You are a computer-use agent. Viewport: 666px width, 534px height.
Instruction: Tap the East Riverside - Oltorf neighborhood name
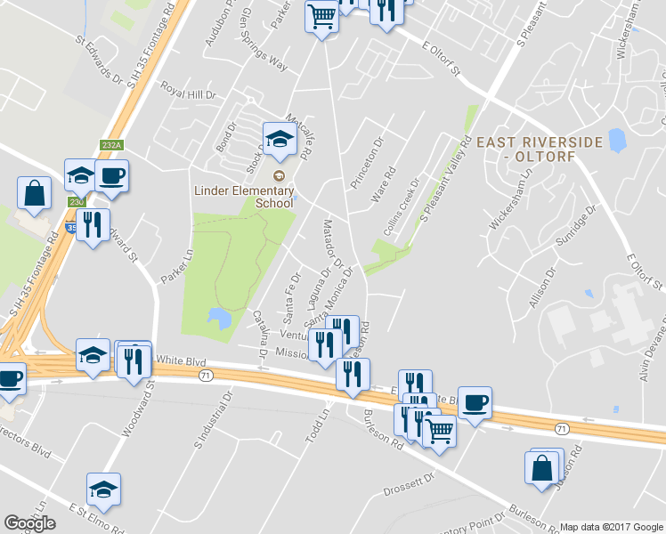coord(540,150)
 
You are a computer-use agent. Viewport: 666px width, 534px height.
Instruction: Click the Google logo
coord(29,523)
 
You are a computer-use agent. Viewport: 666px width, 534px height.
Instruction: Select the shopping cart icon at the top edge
coord(322,14)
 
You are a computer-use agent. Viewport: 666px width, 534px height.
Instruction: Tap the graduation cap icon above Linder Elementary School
coord(279,138)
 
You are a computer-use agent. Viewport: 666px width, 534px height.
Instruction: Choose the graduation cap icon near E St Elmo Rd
coord(104,489)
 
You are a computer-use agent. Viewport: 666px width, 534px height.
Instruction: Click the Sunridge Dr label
coord(573,229)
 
